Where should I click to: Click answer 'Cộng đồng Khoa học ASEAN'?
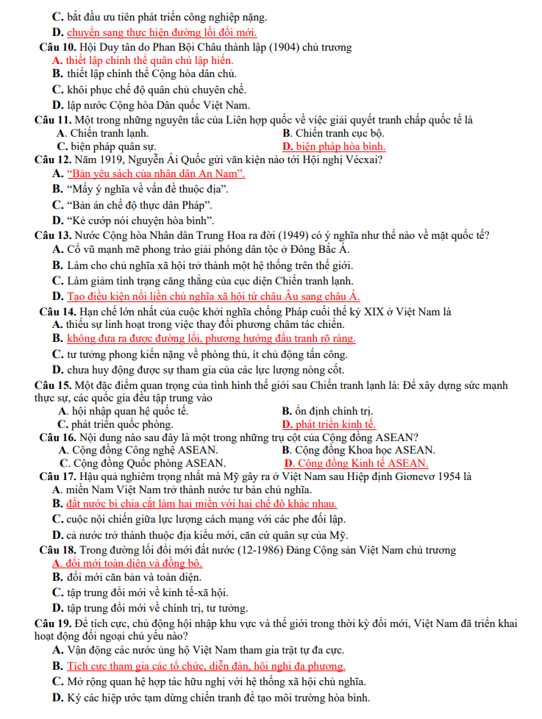365,450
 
